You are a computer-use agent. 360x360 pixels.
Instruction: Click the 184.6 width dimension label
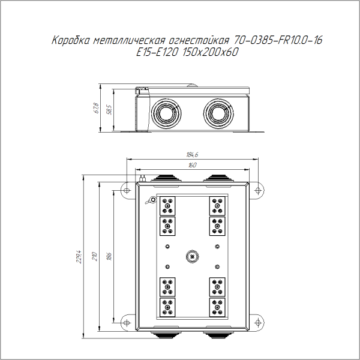(193, 155)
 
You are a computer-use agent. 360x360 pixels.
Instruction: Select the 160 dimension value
(193, 165)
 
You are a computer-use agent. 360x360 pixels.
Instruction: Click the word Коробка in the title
(71, 41)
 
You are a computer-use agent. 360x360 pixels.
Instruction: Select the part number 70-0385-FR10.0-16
(277, 41)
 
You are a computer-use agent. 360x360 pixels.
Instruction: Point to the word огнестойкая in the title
(198, 41)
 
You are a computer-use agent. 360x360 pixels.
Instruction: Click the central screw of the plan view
(192, 257)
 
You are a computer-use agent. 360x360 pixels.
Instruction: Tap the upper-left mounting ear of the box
(127, 189)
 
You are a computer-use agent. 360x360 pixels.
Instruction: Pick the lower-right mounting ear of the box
(257, 321)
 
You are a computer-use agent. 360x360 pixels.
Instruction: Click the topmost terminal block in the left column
(167, 206)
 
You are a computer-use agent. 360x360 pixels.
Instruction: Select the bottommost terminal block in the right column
(217, 307)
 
